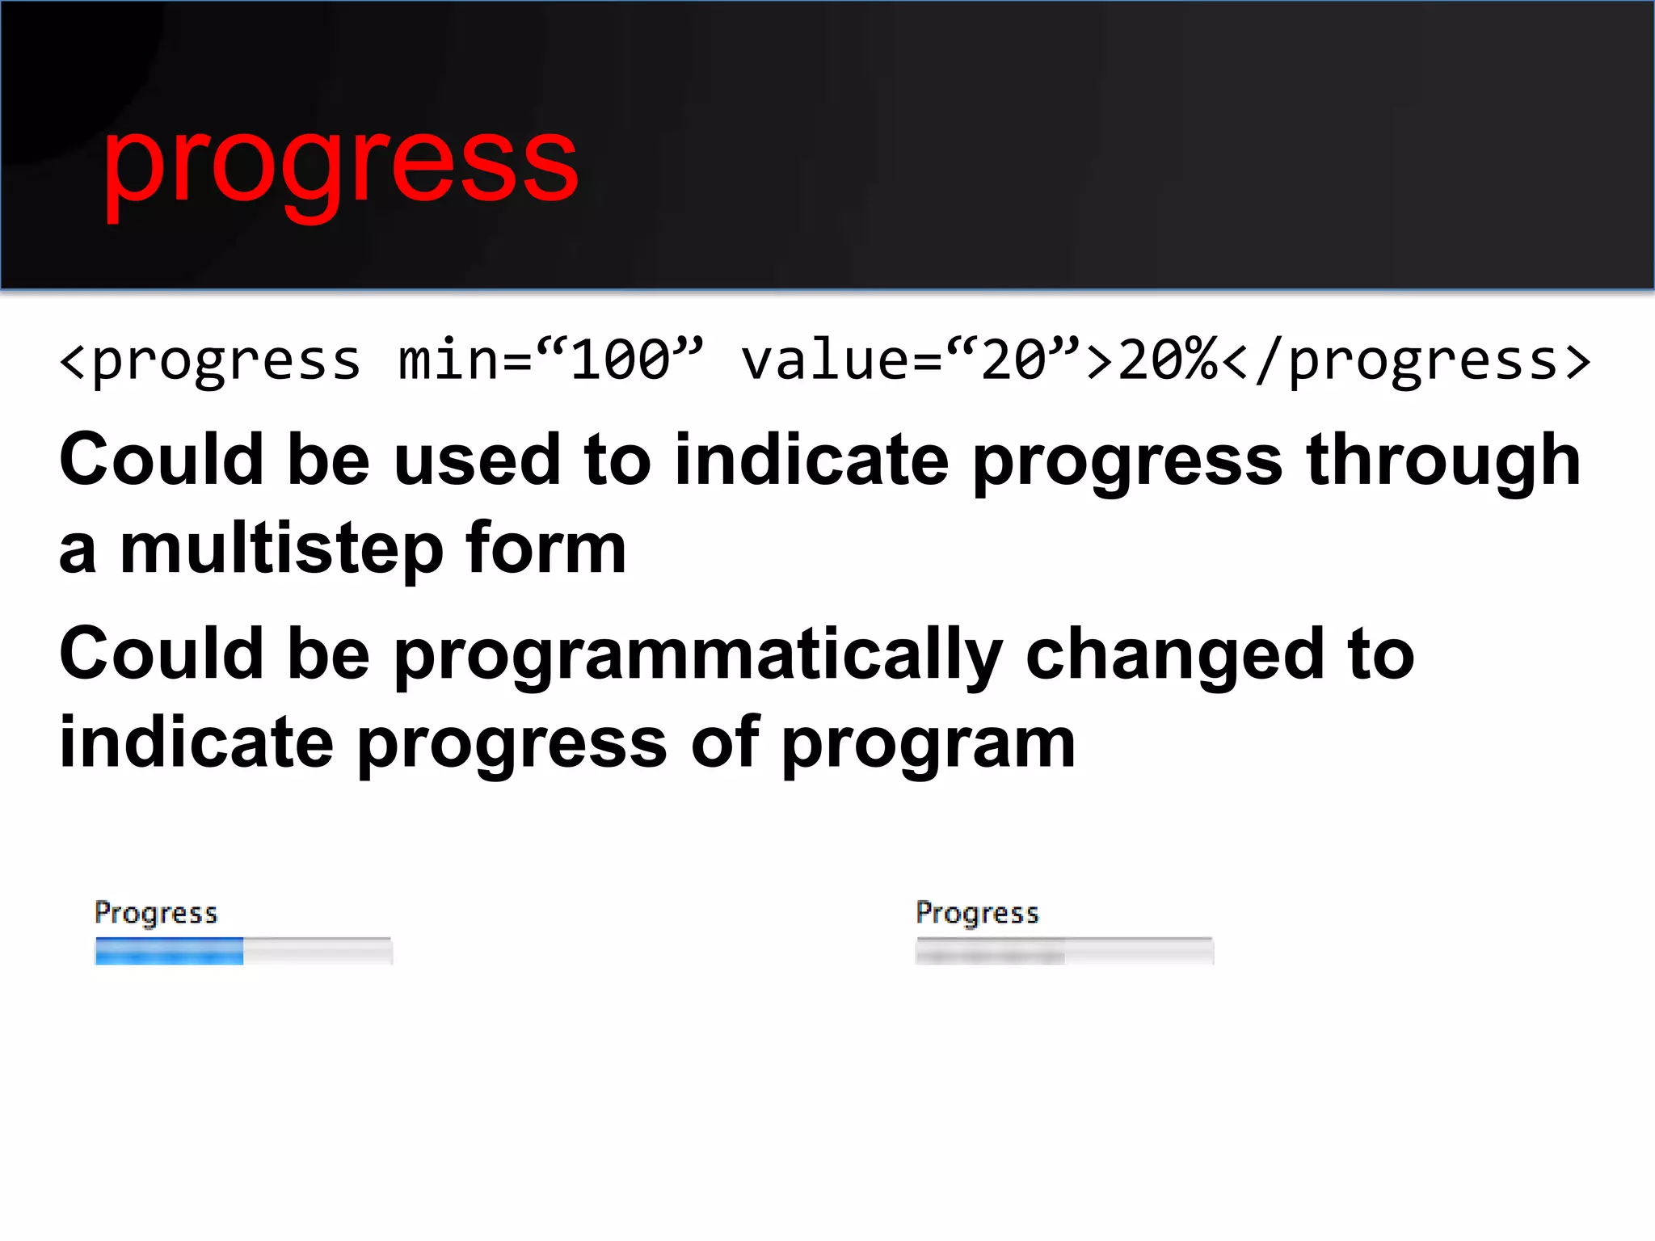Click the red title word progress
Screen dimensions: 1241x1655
pos(339,162)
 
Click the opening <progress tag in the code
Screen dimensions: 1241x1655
pos(210,361)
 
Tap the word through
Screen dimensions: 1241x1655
pos(1443,461)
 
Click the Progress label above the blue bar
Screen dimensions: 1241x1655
pos(156,913)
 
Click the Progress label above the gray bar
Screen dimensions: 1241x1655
pos(977,913)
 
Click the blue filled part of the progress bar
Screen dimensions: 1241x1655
pos(169,952)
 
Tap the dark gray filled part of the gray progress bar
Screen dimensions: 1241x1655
pos(990,953)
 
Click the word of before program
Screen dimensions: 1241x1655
pos(725,743)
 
